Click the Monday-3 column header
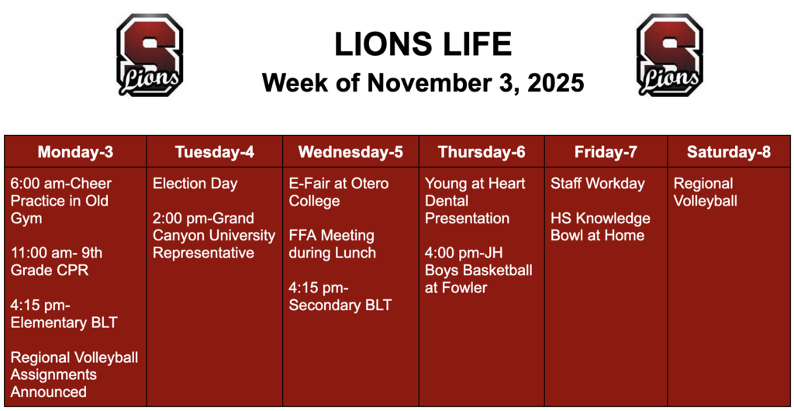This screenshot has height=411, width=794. tap(75, 152)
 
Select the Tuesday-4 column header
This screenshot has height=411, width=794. tap(214, 152)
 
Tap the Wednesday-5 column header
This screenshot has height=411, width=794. tap(350, 152)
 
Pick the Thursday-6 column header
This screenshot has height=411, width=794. tap(481, 152)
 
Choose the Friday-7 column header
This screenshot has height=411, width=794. tap(606, 152)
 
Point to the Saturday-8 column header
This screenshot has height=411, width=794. tap(729, 152)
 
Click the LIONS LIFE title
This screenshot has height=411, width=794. tap(423, 45)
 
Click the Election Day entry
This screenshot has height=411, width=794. tap(195, 184)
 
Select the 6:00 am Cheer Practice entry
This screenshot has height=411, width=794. tap(60, 201)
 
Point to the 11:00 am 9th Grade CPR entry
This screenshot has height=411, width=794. tap(56, 261)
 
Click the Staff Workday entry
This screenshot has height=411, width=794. tap(597, 184)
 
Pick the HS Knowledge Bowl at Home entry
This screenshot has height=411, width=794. tap(600, 226)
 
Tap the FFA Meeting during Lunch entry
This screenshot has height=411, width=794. tap(332, 243)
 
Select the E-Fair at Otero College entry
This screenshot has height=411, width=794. tap(339, 192)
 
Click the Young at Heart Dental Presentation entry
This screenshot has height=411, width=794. tap(475, 201)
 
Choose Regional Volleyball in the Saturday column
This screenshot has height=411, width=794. tap(705, 192)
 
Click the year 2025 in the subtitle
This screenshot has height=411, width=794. tap(555, 83)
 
